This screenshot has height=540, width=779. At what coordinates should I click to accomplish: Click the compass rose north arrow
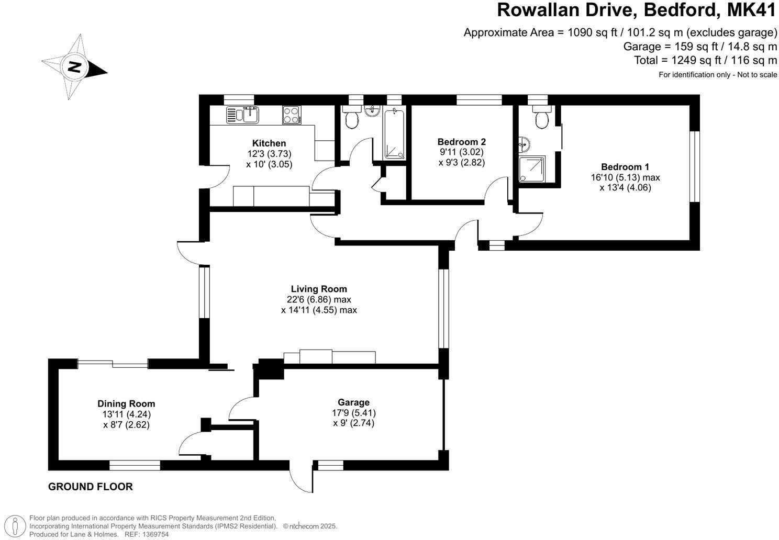click(75, 67)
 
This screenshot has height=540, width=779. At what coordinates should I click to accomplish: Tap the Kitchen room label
click(269, 143)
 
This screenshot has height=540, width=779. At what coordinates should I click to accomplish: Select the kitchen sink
click(243, 115)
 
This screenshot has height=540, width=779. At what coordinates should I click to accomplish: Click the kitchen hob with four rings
click(292, 115)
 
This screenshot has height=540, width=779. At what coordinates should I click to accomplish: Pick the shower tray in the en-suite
click(532, 169)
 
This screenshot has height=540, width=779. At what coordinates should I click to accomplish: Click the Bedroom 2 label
click(461, 142)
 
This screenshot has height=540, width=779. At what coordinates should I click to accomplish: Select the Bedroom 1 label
click(625, 167)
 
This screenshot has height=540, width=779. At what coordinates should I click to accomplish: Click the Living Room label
click(319, 289)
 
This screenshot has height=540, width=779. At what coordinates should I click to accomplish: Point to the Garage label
click(353, 402)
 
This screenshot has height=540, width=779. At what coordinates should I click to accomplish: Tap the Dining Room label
click(126, 403)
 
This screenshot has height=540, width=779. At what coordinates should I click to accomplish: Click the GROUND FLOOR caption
click(91, 487)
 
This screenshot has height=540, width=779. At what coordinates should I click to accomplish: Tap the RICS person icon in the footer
click(17, 525)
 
